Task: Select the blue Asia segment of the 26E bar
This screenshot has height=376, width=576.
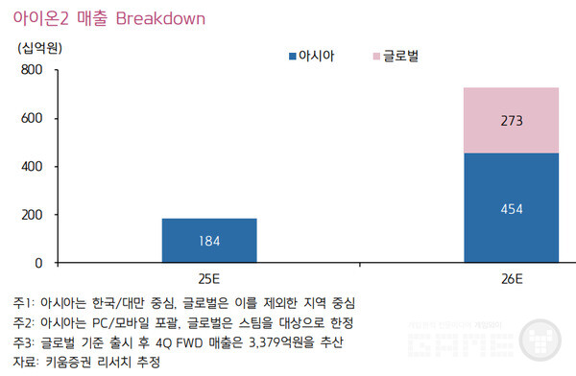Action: point(511,207)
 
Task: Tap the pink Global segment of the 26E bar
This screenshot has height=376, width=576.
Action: point(511,120)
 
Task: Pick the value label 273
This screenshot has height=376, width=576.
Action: point(511,122)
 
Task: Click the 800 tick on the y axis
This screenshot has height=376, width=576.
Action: point(31,71)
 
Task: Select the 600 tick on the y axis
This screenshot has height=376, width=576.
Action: point(31,119)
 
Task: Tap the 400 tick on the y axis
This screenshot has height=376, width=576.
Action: point(31,167)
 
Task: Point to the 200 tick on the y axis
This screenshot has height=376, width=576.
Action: point(31,215)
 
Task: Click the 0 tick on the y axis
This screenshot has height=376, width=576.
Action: point(38,263)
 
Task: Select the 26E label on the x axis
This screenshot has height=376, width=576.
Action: point(511,278)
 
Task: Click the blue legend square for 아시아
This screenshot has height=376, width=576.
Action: point(293,57)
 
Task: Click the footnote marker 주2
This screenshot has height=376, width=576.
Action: point(23,321)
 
